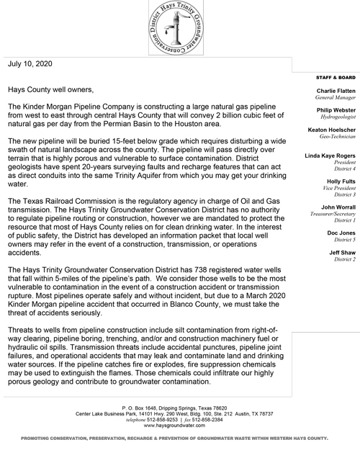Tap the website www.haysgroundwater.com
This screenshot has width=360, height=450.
pos(179,425)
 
